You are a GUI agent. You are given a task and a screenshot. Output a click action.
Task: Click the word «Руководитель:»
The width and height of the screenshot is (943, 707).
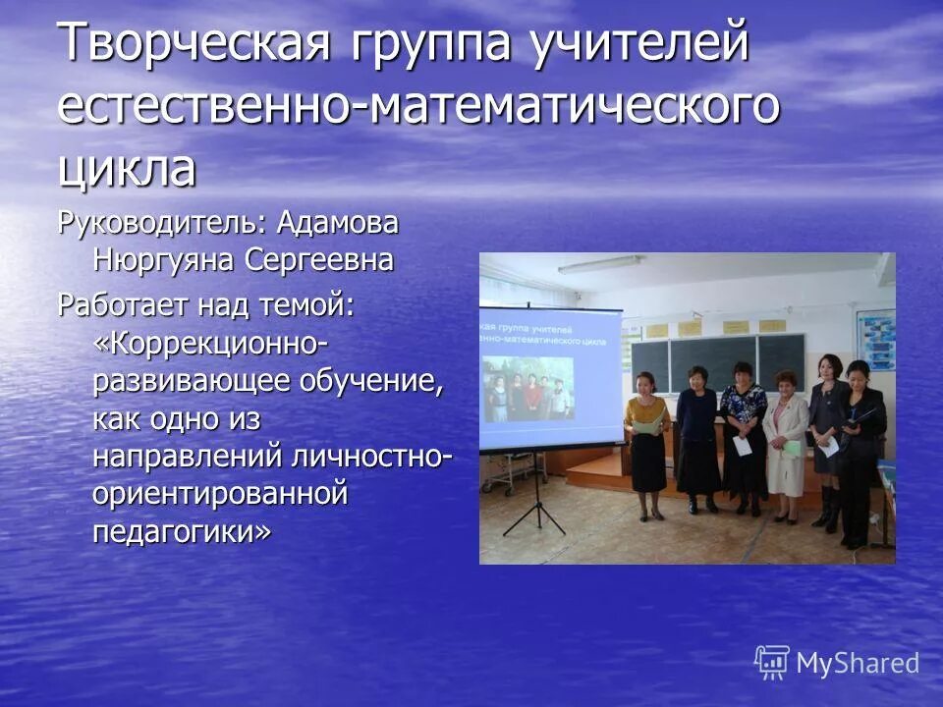pyautogui.click(x=161, y=224)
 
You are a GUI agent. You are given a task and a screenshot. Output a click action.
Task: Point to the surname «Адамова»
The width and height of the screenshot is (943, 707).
pyautogui.click(x=338, y=224)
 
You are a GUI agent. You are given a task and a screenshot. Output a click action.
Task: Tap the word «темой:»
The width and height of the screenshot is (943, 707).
pyautogui.click(x=306, y=304)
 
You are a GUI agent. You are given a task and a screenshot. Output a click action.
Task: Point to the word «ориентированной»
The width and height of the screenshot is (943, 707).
pyautogui.click(x=221, y=494)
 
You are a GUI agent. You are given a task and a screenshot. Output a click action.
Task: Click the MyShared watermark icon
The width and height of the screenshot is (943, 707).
pyautogui.click(x=772, y=662)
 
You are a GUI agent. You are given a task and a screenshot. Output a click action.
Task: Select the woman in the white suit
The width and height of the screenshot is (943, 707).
pyautogui.click(x=785, y=442)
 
